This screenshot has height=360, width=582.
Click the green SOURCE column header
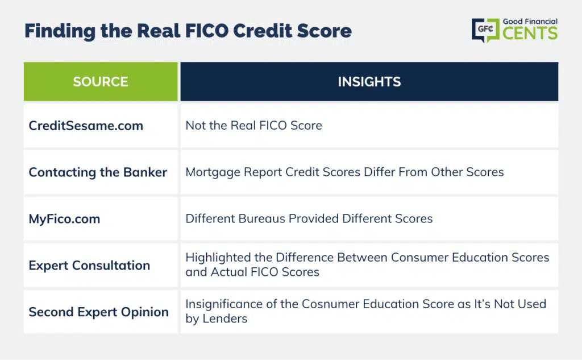tap(101, 81)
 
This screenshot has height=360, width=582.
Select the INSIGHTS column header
tap(369, 81)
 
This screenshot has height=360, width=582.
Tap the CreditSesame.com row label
tap(86, 126)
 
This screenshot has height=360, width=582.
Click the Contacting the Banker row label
tap(98, 172)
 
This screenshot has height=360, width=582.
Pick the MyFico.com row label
tap(65, 219)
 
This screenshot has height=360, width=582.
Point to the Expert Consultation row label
tap(89, 265)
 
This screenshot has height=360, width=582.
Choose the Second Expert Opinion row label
tap(99, 312)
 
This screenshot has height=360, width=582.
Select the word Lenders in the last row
tap(225, 318)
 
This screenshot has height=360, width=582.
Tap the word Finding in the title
tap(60, 31)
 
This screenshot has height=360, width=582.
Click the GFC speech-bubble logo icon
tap(485, 30)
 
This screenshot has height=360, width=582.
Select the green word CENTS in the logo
tap(530, 33)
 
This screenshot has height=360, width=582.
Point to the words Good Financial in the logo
tap(530, 22)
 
